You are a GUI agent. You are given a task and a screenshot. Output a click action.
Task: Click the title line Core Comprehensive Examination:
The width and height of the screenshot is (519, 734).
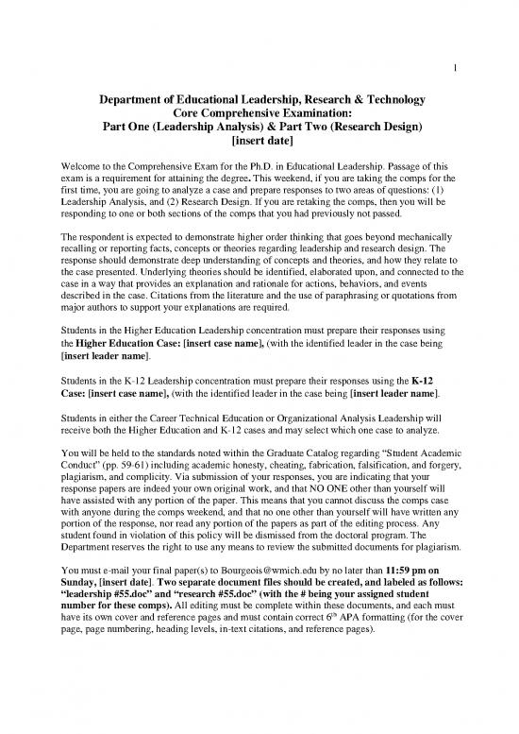click(259, 113)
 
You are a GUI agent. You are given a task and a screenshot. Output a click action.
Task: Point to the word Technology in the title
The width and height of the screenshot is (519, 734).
click(389, 99)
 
